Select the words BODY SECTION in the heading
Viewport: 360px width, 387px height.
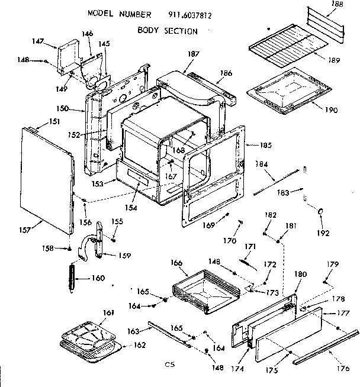[168, 30]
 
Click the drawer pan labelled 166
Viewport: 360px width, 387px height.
[207, 290]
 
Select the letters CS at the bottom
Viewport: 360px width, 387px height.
[169, 365]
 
